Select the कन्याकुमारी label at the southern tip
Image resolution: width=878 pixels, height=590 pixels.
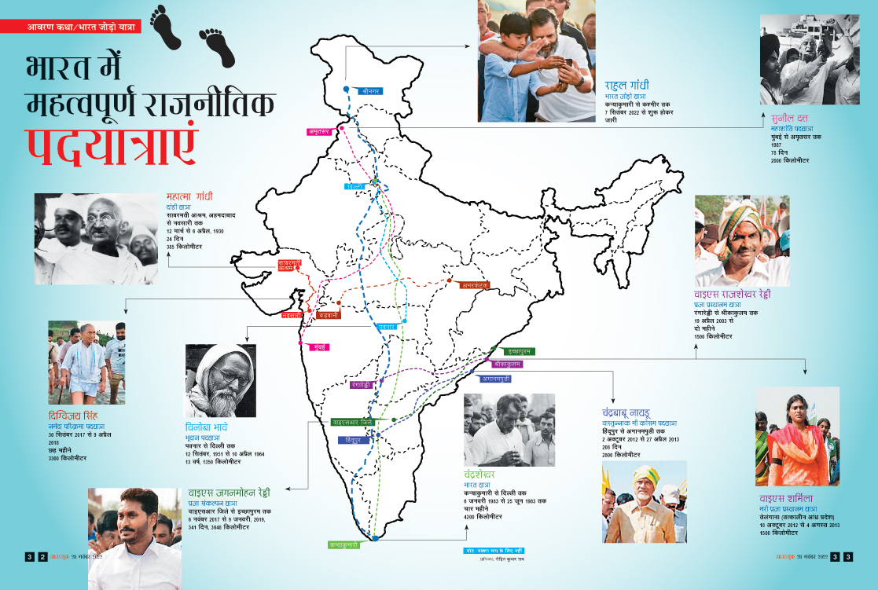tap(344, 544)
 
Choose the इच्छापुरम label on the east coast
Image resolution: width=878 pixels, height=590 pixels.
tap(516, 351)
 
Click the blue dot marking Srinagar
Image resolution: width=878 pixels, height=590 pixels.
tap(347, 90)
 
